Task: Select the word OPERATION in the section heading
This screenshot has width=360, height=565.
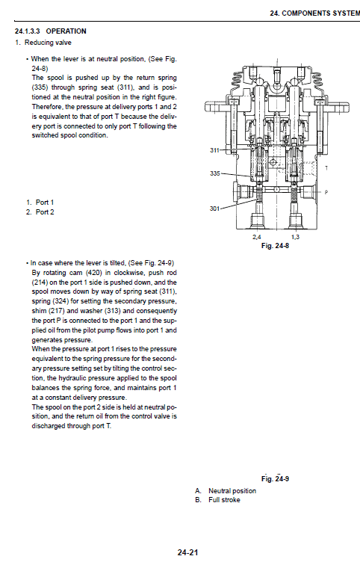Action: [66, 31]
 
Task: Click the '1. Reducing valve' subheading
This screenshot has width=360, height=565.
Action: [40, 43]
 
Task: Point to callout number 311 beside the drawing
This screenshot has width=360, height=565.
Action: [216, 150]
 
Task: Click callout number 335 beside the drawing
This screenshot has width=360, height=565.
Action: [216, 173]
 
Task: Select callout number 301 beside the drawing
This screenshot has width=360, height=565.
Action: [216, 209]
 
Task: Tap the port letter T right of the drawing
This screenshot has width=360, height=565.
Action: [326, 168]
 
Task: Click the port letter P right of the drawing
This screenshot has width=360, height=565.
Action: [326, 192]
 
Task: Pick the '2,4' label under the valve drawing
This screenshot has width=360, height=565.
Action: [257, 236]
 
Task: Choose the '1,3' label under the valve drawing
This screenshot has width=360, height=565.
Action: [295, 236]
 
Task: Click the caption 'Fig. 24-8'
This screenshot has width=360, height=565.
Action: [276, 244]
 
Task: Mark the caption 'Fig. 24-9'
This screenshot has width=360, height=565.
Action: [276, 479]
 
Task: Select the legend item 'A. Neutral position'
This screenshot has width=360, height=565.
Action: [226, 491]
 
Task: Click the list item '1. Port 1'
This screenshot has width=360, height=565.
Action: [40, 203]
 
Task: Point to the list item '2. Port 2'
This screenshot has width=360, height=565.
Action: [40, 212]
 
